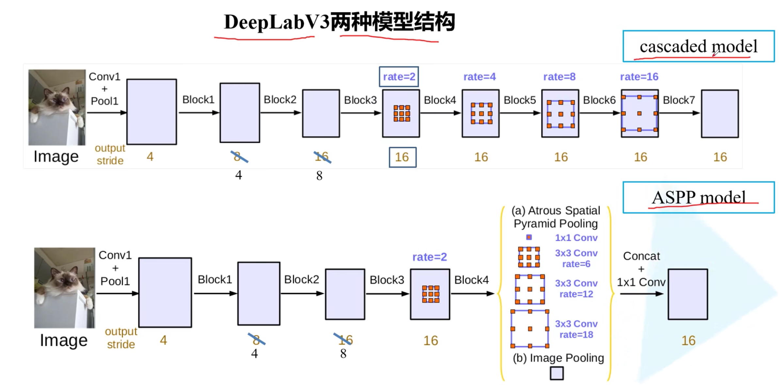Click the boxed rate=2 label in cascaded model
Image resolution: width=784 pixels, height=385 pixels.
pyautogui.click(x=399, y=77)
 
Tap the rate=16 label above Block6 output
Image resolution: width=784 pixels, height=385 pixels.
pyautogui.click(x=639, y=77)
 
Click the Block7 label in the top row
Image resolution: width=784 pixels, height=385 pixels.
pyautogui.click(x=679, y=100)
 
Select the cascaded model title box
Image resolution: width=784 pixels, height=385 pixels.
pyautogui.click(x=698, y=46)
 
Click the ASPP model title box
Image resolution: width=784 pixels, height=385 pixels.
pyautogui.click(x=698, y=197)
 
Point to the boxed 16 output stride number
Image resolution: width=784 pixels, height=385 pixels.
pyautogui.click(x=402, y=157)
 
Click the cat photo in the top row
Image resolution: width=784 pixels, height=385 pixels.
pyautogui.click(x=57, y=107)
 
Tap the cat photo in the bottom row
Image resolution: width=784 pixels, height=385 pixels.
pyautogui.click(x=65, y=288)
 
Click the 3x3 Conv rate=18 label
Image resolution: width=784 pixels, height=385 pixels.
pyautogui.click(x=576, y=329)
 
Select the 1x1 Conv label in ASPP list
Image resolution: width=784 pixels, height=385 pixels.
pyautogui.click(x=576, y=238)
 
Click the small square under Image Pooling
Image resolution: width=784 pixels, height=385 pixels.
pyautogui.click(x=556, y=373)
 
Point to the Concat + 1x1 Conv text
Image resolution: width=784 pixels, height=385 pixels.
pyautogui.click(x=641, y=269)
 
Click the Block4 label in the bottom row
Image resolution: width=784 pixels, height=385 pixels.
pyautogui.click(x=471, y=280)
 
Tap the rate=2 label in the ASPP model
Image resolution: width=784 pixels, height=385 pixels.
pyautogui.click(x=429, y=257)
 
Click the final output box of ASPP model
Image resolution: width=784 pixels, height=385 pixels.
pyautogui.click(x=688, y=294)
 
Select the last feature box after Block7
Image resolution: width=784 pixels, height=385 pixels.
pyautogui.click(x=720, y=114)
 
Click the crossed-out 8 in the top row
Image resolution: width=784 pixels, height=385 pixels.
pyautogui.click(x=239, y=157)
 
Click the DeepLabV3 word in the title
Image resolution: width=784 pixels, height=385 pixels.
pyautogui.click(x=276, y=22)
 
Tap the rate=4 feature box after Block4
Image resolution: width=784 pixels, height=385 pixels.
pyautogui.click(x=480, y=113)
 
